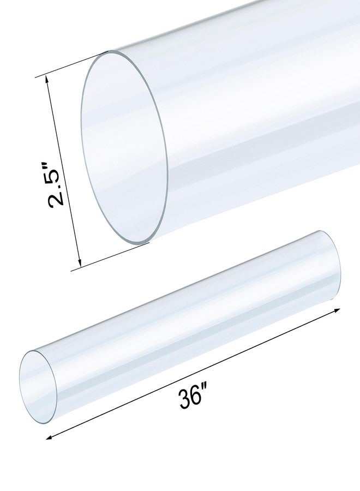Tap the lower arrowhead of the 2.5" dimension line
80,265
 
